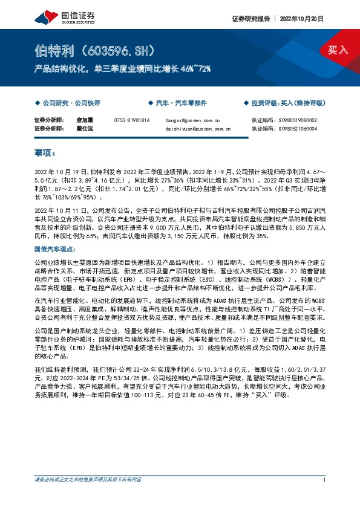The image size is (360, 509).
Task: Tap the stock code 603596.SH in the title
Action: click(x=115, y=50)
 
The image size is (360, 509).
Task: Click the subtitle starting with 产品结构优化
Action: click(x=123, y=69)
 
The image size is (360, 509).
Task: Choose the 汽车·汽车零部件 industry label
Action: click(x=181, y=103)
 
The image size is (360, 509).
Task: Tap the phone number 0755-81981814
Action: click(x=131, y=120)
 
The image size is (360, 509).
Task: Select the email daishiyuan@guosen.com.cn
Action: click(x=197, y=129)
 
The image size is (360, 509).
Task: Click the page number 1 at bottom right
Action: click(x=325, y=480)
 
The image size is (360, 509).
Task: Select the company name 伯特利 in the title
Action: click(x=53, y=50)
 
